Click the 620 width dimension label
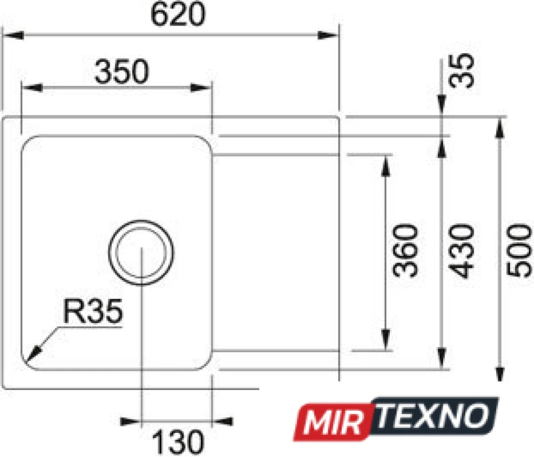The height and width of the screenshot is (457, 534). coord(178,14)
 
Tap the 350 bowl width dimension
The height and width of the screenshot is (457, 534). coord(122,71)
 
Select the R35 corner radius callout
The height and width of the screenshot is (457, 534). coord(93,311)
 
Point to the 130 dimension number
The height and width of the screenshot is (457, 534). coord(178,442)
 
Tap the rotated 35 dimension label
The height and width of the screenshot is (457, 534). coord(462,70)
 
